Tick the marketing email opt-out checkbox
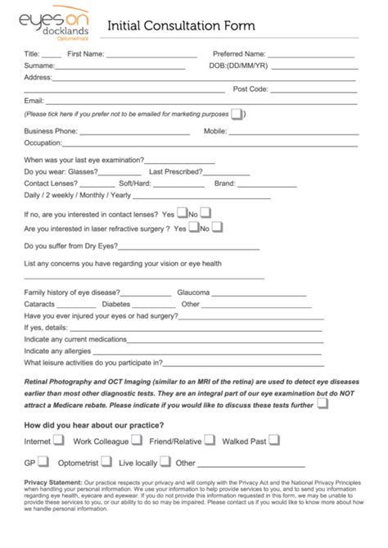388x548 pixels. pyautogui.click(x=237, y=114)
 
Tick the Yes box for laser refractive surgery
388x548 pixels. pyautogui.click(x=193, y=227)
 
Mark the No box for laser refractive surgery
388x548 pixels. pyautogui.click(x=217, y=227)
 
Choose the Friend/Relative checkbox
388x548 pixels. pyautogui.click(x=210, y=440)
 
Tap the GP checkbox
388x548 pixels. pyautogui.click(x=43, y=462)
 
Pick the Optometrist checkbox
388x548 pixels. pyautogui.click(x=107, y=462)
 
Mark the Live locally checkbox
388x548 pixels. pyautogui.click(x=164, y=462)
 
